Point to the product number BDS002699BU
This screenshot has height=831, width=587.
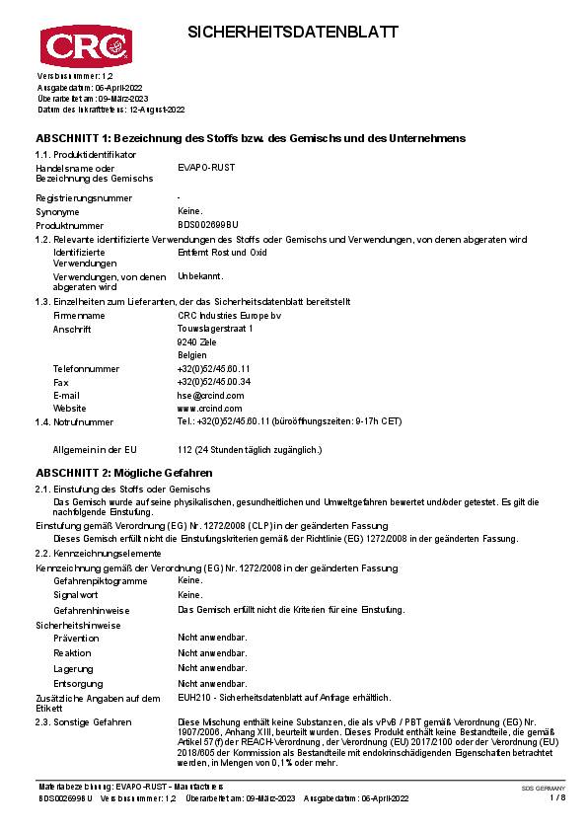click(207, 226)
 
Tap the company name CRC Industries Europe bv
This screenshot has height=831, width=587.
click(229, 315)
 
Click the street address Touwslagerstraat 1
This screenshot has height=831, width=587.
click(214, 328)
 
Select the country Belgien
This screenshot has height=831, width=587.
click(192, 354)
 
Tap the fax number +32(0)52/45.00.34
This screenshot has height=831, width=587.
click(213, 381)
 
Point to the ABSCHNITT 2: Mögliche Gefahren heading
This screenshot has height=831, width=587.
click(124, 474)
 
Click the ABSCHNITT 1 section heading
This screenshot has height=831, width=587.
click(251, 138)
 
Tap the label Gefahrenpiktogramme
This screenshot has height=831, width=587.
click(101, 581)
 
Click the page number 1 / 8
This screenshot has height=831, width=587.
click(557, 797)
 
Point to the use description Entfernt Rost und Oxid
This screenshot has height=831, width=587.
click(222, 253)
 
